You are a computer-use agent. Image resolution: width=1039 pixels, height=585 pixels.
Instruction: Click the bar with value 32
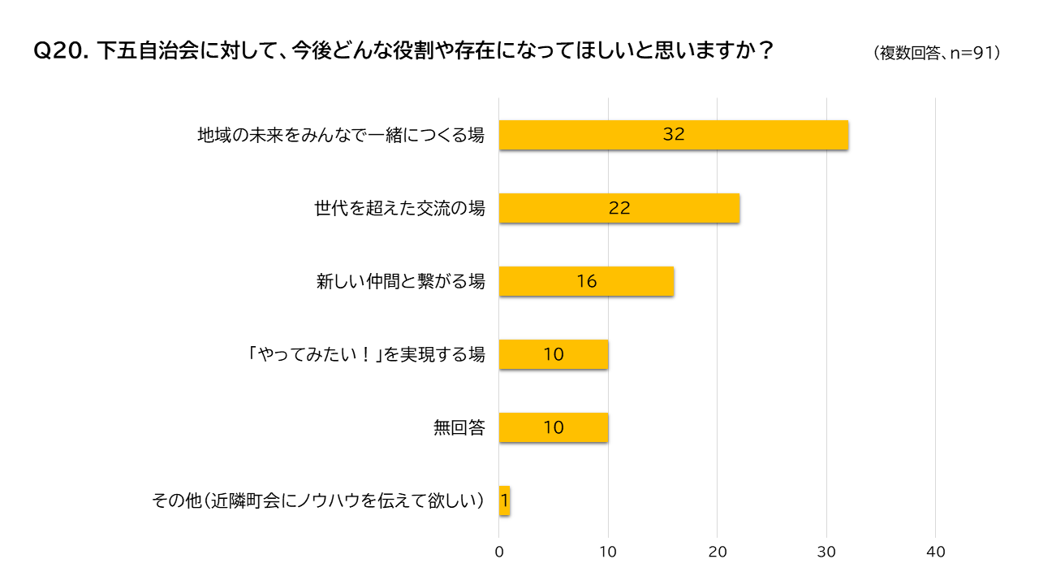[674, 135]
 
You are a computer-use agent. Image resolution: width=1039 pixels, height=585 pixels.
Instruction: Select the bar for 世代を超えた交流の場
[619, 208]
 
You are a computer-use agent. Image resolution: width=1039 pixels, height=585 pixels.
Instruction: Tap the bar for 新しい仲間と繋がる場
[586, 281]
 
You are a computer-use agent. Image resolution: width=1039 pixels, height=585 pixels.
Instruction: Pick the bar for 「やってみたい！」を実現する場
[554, 354]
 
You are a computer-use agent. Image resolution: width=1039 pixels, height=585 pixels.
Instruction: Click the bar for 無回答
[554, 427]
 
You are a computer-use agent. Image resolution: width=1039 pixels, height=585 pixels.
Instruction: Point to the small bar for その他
[504, 500]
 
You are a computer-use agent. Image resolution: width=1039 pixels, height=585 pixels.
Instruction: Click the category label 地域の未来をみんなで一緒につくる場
[341, 135]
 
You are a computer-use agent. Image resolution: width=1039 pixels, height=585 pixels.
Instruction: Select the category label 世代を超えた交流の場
[399, 208]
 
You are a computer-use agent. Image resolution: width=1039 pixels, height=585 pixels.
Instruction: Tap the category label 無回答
[459, 427]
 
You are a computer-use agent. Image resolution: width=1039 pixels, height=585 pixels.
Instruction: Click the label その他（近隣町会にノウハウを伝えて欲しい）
[318, 500]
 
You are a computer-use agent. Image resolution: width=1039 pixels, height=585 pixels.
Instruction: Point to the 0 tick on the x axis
[499, 552]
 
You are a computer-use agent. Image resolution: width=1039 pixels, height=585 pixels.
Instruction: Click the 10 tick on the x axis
[608, 552]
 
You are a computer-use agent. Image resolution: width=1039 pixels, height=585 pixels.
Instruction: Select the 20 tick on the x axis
[718, 552]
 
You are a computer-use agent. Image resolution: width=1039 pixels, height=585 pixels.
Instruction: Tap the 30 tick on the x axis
[826, 552]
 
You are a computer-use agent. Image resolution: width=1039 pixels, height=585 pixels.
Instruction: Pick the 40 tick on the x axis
[936, 552]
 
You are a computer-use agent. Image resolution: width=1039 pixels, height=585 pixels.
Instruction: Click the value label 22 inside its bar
[619, 208]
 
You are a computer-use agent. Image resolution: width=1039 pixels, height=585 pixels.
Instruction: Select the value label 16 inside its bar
[586, 281]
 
